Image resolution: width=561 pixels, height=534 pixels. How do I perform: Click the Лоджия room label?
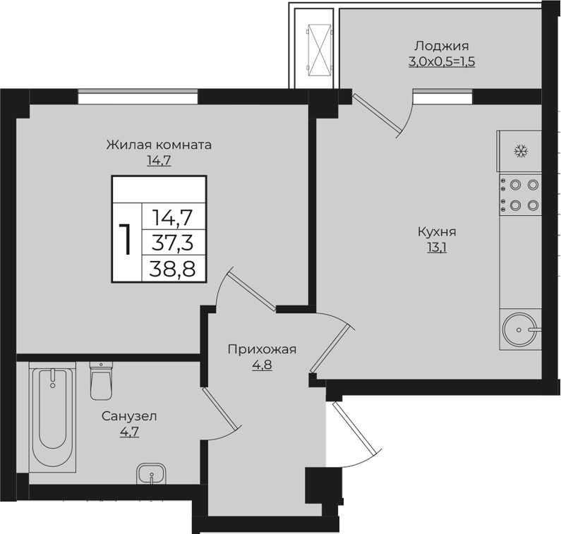[442, 46]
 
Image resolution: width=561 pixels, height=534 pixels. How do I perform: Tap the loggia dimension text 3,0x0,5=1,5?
[442, 61]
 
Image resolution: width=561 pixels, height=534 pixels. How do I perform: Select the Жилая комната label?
[159, 145]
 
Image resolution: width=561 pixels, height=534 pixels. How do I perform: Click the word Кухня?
[437, 232]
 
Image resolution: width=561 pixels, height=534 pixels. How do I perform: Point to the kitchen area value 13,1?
[437, 247]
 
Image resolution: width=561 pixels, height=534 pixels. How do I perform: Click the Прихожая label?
[262, 349]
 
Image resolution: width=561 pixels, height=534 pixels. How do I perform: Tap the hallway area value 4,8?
[262, 365]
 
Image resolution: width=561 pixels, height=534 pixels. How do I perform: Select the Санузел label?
[129, 416]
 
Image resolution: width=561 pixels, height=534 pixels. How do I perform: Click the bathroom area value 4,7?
[129, 432]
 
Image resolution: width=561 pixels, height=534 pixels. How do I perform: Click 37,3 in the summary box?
[172, 243]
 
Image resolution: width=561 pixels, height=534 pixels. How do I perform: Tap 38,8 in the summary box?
[172, 269]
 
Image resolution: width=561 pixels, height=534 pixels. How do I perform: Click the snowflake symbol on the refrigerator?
[521, 151]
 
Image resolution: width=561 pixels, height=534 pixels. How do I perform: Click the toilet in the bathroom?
[101, 381]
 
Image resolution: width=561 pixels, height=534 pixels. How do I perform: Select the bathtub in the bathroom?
[53, 417]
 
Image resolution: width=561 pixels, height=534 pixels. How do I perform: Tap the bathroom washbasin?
[151, 473]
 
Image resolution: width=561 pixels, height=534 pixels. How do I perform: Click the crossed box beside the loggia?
[320, 50]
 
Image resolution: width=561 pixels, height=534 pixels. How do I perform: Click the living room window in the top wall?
[138, 97]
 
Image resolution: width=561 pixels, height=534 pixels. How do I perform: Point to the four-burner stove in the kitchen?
[521, 195]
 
